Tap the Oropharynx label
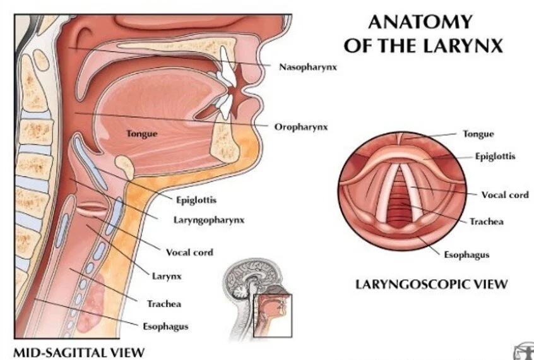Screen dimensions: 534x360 click(x=301, y=127)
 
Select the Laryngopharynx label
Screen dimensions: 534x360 click(x=208, y=220)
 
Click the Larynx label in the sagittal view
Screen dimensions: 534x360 click(x=167, y=276)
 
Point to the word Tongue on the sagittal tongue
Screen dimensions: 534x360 click(x=141, y=134)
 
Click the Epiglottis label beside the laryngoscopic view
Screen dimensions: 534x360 click(x=495, y=156)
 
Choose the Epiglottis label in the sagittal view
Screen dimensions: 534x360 click(x=196, y=200)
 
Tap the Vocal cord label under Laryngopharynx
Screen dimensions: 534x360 click(x=189, y=253)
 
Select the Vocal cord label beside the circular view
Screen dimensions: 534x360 click(x=505, y=195)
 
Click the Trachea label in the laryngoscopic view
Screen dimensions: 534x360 click(x=486, y=222)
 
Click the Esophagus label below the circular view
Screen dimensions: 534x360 click(x=466, y=255)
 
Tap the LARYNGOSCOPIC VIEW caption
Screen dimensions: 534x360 click(x=431, y=284)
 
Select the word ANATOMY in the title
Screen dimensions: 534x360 click(x=420, y=22)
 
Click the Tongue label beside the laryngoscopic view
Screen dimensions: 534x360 click(x=478, y=134)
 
